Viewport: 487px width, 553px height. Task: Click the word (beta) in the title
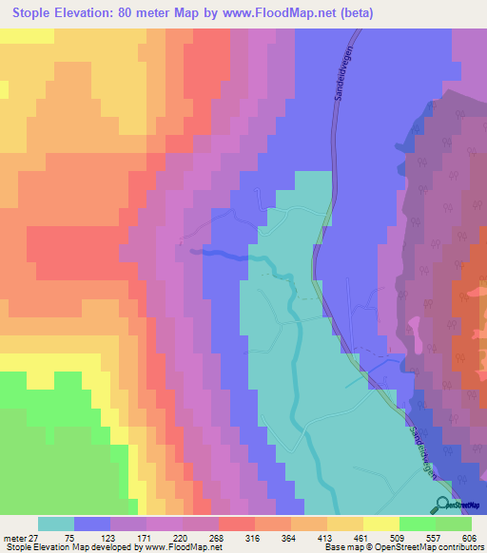(352, 13)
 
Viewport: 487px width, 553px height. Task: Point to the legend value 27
(36, 537)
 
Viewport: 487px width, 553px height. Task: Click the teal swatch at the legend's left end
(56, 524)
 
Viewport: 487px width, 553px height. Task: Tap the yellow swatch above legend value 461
(380, 524)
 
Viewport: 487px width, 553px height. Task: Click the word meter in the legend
(14, 537)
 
